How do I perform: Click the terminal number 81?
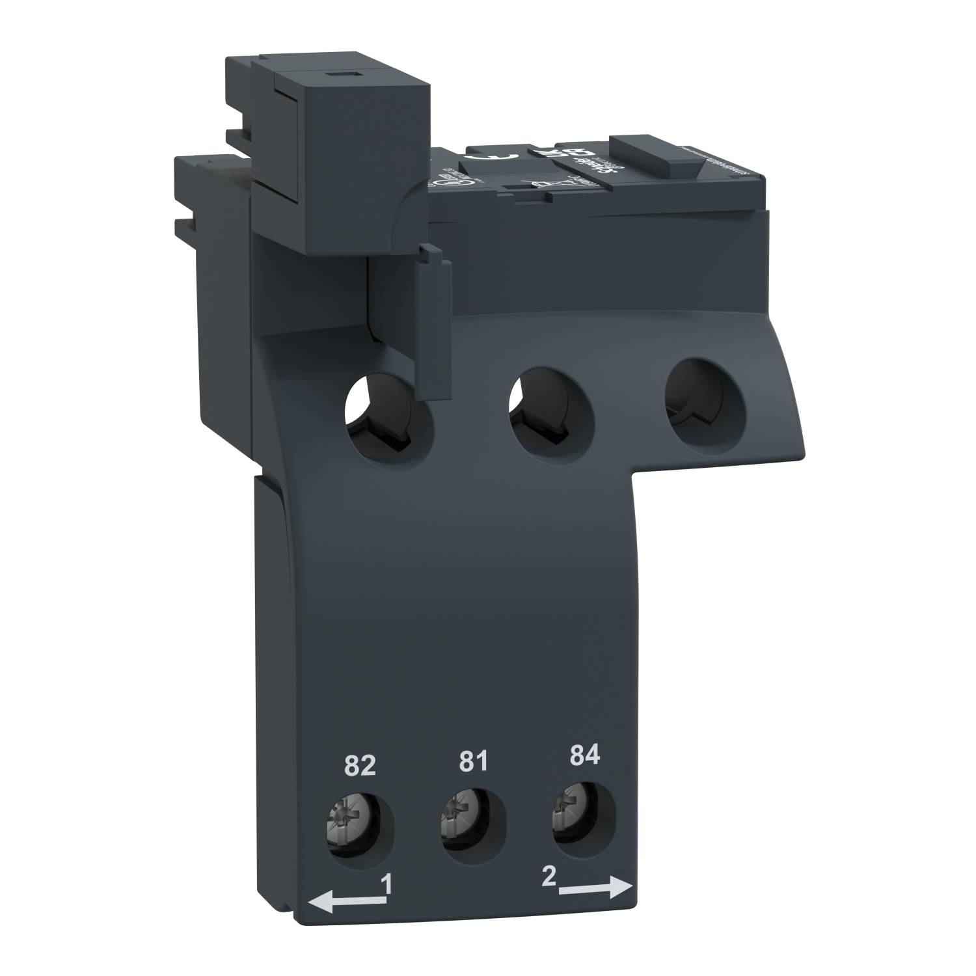click(473, 761)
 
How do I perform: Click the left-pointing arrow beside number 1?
click(345, 901)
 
